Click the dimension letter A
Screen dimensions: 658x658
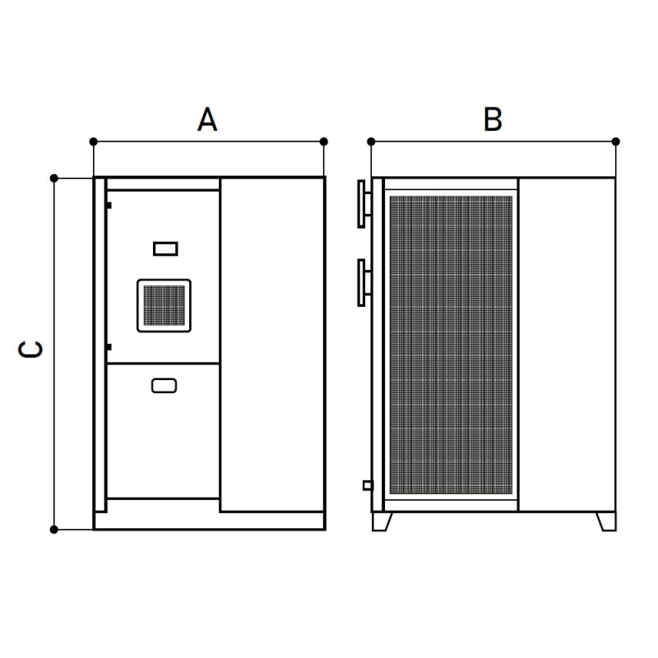[x=207, y=119]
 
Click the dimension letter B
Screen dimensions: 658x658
[x=493, y=119]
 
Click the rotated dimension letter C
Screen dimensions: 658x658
[x=30, y=349]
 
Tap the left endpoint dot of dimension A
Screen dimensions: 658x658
[x=94, y=141]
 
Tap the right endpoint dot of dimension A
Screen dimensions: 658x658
[x=323, y=141]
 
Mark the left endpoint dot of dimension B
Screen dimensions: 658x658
[x=371, y=141]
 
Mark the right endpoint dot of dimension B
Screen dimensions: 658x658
[x=615, y=141]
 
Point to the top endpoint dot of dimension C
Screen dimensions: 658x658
[x=54, y=178]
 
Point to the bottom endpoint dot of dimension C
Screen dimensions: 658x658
[x=54, y=530]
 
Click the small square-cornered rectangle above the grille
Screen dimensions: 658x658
[x=165, y=249]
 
